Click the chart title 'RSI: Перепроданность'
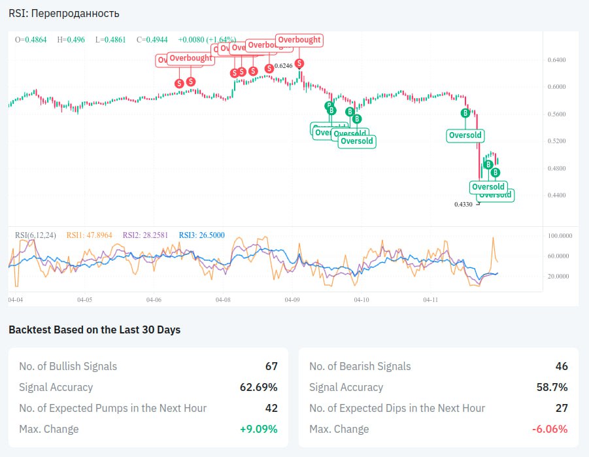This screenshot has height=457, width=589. (x=64, y=13)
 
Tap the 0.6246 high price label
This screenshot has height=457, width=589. (x=284, y=66)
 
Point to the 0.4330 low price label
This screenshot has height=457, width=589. (x=463, y=204)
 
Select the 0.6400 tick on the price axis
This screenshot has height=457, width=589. (x=556, y=59)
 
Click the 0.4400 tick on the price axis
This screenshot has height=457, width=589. (x=556, y=195)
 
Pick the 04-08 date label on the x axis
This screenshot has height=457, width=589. (x=223, y=299)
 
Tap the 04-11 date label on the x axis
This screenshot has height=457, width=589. (x=430, y=299)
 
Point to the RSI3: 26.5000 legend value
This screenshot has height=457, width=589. (x=202, y=235)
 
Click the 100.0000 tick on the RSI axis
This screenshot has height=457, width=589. (x=560, y=235)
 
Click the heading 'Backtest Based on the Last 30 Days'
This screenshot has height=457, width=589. (x=94, y=330)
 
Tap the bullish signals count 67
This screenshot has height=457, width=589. (x=271, y=366)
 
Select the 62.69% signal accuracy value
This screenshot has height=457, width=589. (x=258, y=387)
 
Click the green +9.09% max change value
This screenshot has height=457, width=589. (x=259, y=429)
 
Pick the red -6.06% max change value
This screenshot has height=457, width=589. (x=550, y=429)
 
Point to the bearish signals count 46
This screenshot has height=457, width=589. (x=562, y=366)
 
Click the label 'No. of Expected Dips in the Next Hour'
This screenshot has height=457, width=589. (x=397, y=408)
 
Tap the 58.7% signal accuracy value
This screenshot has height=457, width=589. (x=552, y=387)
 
